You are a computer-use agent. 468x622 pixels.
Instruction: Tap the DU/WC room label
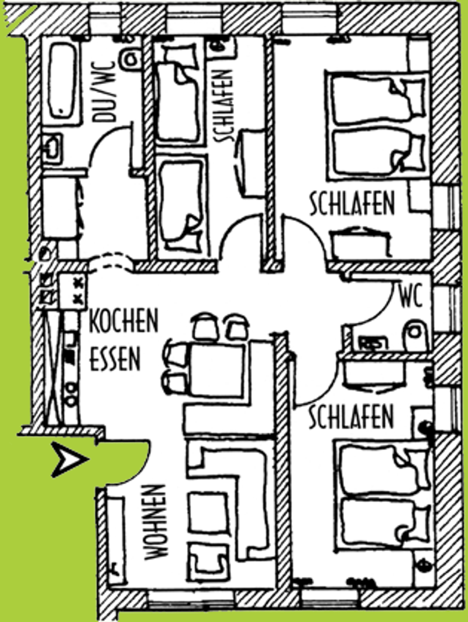[105, 91]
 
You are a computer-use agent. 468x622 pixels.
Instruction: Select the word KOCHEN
[123, 322]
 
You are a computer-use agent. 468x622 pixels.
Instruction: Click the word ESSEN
[115, 360]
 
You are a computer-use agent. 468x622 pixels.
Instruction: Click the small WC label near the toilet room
[411, 298]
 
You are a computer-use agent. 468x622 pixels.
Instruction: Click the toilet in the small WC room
[415, 337]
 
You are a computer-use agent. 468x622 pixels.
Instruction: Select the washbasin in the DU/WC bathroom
[52, 147]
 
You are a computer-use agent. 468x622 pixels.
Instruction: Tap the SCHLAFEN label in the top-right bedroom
[352, 204]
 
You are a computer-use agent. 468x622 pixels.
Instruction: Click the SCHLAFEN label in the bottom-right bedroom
[351, 416]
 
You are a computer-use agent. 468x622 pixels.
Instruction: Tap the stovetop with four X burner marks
[73, 291]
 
